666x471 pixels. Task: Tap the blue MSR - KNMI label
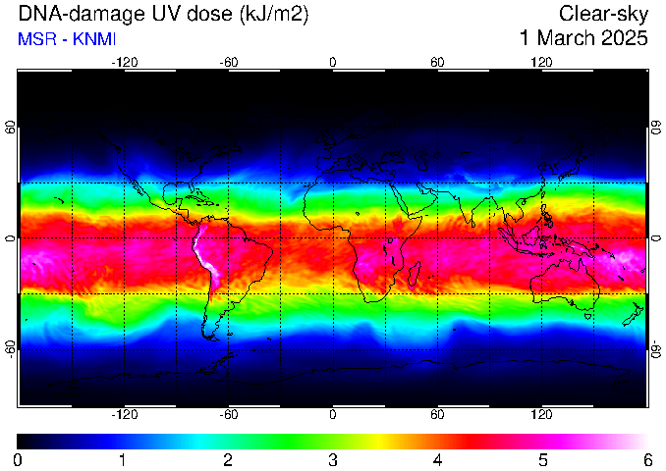pyautogui.click(x=67, y=39)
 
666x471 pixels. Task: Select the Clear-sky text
pyautogui.click(x=603, y=14)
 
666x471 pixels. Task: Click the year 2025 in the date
pyautogui.click(x=623, y=37)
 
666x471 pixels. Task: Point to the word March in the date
pyautogui.click(x=566, y=37)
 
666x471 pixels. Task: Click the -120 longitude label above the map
pyautogui.click(x=125, y=63)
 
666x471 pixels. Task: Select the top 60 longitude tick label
pyautogui.click(x=437, y=63)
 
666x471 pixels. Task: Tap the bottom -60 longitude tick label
pyautogui.click(x=229, y=414)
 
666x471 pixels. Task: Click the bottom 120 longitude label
pyautogui.click(x=541, y=414)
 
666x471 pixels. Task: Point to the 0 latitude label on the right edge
pyautogui.click(x=656, y=238)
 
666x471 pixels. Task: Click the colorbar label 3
pyautogui.click(x=333, y=460)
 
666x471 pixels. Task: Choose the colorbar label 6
pyautogui.click(x=647, y=460)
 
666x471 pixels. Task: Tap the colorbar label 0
pyautogui.click(x=18, y=460)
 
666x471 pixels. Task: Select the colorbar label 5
pyautogui.click(x=542, y=460)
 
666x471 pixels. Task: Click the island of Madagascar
pyautogui.click(x=414, y=274)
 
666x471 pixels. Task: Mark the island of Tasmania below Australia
pyautogui.click(x=588, y=316)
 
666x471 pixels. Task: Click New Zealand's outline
pyautogui.click(x=635, y=315)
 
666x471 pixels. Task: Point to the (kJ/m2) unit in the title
pyautogui.click(x=274, y=15)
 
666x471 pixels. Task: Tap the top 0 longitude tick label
pyautogui.click(x=333, y=63)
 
